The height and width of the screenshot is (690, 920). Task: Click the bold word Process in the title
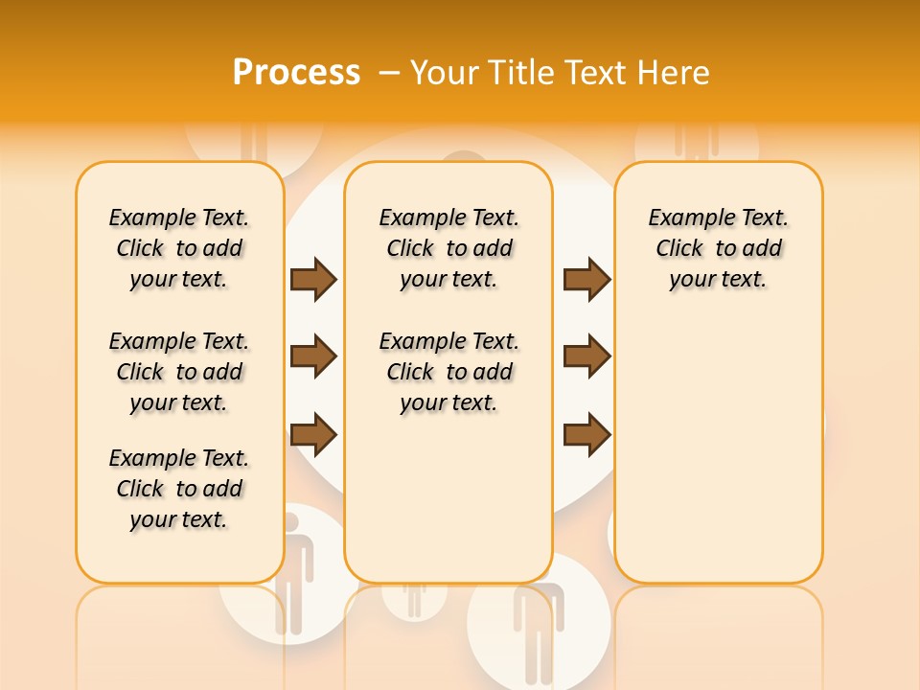pyautogui.click(x=296, y=72)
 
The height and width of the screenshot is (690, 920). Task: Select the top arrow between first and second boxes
pyautogui.click(x=313, y=279)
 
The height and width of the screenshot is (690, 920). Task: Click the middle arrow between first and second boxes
pyautogui.click(x=313, y=356)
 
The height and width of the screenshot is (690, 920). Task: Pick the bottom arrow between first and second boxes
pyautogui.click(x=313, y=434)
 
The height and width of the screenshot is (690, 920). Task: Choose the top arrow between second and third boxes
pyautogui.click(x=586, y=279)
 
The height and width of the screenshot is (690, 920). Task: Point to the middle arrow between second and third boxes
pyautogui.click(x=586, y=356)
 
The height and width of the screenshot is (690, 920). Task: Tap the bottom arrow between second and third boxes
pyautogui.click(x=586, y=434)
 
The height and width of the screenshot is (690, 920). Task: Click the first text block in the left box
pyautogui.click(x=179, y=248)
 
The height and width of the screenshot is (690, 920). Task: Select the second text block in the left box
pyautogui.click(x=179, y=372)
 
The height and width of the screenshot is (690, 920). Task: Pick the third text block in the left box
pyautogui.click(x=179, y=489)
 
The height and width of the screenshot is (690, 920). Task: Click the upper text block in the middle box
pyautogui.click(x=449, y=248)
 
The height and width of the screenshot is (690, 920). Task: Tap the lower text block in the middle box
pyautogui.click(x=449, y=372)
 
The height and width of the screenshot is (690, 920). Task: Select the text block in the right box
pyautogui.click(x=719, y=248)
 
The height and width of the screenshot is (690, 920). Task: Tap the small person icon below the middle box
pyautogui.click(x=414, y=598)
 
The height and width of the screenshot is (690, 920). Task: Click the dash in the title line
pyautogui.click(x=389, y=72)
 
